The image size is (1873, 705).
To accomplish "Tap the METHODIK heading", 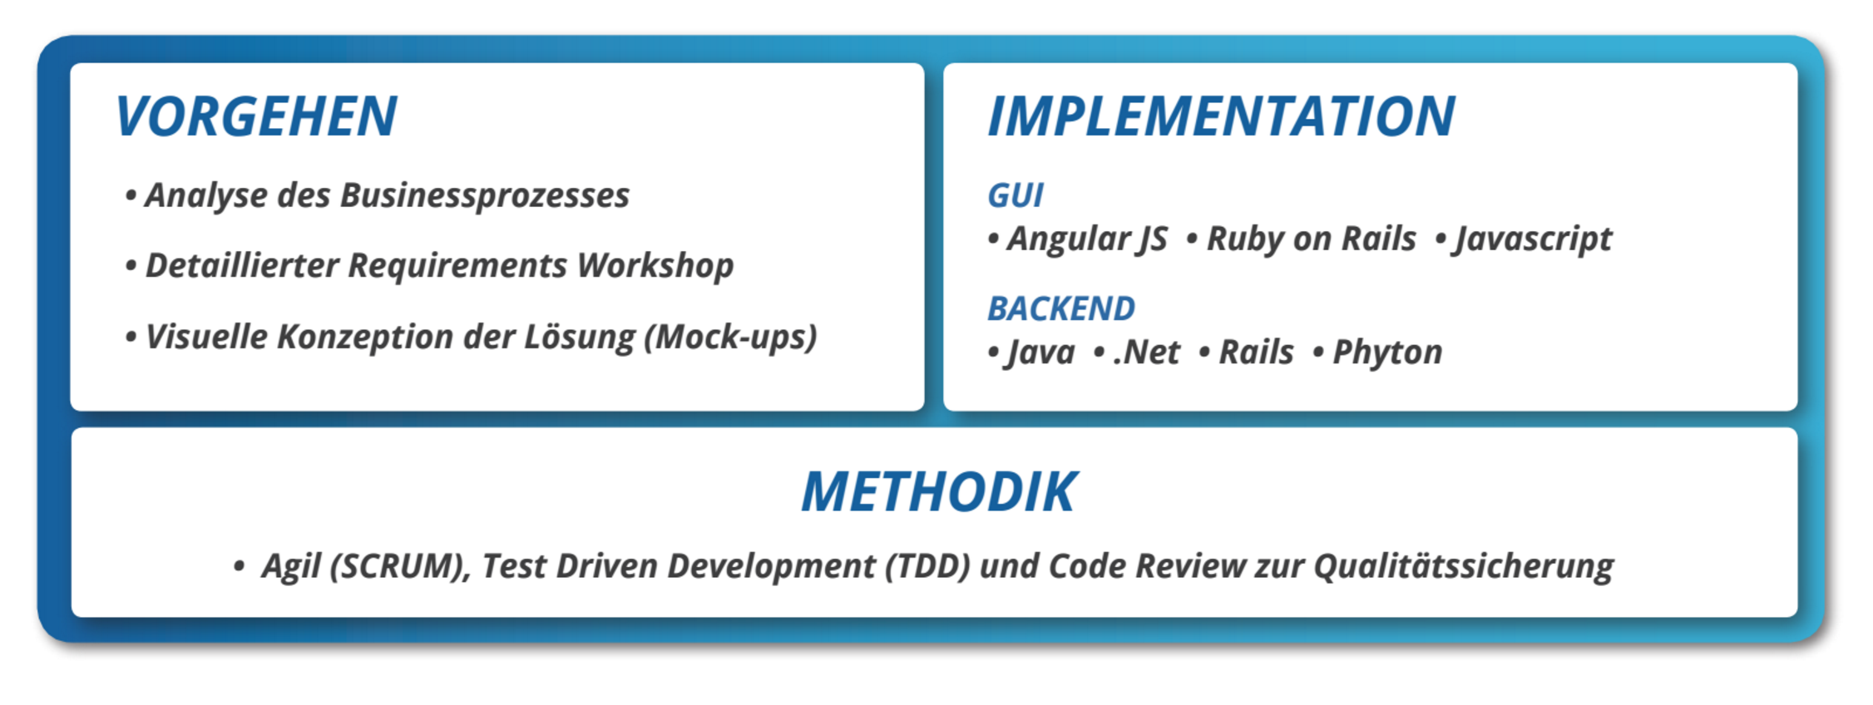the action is point(939,491).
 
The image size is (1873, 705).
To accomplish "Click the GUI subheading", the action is point(1015,195).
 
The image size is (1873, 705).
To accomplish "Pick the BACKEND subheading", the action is point(1060,308).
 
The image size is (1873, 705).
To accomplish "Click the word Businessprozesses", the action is point(484,196).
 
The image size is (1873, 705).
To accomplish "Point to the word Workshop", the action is point(655,266).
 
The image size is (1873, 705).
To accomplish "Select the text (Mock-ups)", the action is point(730,338).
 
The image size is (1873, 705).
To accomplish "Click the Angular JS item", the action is point(1086,239).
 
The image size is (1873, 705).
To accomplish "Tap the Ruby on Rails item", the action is point(1311,239).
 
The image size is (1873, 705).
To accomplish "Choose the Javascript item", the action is point(1533,239).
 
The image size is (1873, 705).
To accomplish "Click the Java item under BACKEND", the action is point(1040,352).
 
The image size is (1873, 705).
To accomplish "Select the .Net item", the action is point(1146,352).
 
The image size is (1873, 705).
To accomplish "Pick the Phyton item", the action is point(1387,352).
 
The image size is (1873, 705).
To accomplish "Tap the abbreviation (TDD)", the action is point(927,566).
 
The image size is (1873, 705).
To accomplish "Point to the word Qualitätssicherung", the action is point(1464,567).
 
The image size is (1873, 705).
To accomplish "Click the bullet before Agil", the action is point(239,567).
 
